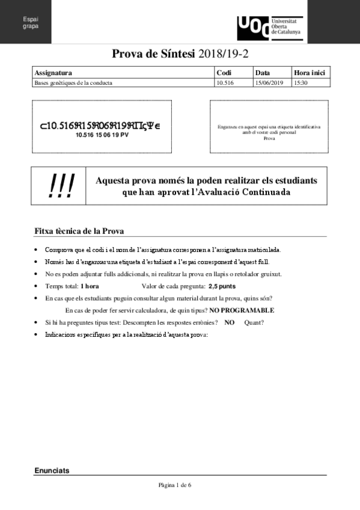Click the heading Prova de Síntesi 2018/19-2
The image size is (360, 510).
pyautogui.click(x=180, y=54)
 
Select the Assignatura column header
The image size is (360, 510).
pyautogui.click(x=53, y=73)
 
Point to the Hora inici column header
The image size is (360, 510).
pyautogui.click(x=310, y=73)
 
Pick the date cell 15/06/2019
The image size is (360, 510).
pyautogui.click(x=269, y=82)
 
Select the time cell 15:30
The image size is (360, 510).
pyautogui.click(x=301, y=82)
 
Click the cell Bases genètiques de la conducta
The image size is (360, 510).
pyautogui.click(x=73, y=82)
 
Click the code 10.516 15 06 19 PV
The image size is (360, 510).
pyautogui.click(x=102, y=135)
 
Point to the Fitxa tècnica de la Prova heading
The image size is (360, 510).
pyautogui.click(x=79, y=232)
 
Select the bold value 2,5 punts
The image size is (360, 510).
pyautogui.click(x=222, y=286)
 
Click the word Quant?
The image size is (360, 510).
pyautogui.click(x=254, y=322)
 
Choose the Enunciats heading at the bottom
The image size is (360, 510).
pyautogui.click(x=52, y=470)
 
